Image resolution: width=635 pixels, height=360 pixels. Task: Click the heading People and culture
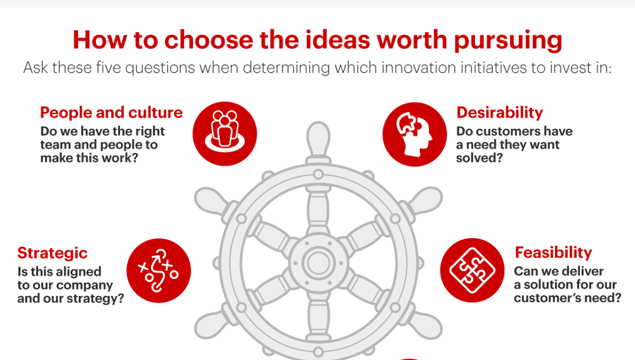(x=111, y=112)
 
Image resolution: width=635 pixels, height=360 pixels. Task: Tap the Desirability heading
(x=499, y=112)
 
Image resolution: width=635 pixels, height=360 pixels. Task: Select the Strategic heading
(x=52, y=253)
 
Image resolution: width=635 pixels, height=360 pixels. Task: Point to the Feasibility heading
(x=553, y=252)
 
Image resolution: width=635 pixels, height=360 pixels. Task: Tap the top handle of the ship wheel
(x=317, y=138)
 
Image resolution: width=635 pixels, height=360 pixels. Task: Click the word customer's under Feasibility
(x=550, y=298)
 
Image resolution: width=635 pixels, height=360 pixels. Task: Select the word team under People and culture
(x=55, y=144)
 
